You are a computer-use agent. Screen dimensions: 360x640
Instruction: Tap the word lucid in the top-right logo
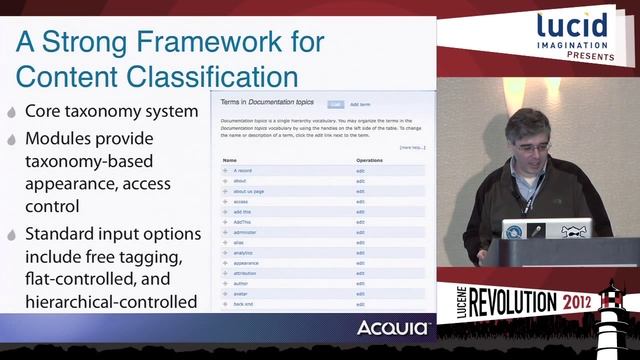coord(572,26)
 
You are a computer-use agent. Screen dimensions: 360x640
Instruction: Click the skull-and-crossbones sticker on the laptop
coord(571,230)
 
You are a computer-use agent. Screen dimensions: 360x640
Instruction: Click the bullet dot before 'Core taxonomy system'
coord(10,111)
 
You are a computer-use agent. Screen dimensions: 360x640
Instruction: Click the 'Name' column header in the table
coord(230,159)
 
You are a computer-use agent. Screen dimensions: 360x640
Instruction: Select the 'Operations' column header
coord(370,159)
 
